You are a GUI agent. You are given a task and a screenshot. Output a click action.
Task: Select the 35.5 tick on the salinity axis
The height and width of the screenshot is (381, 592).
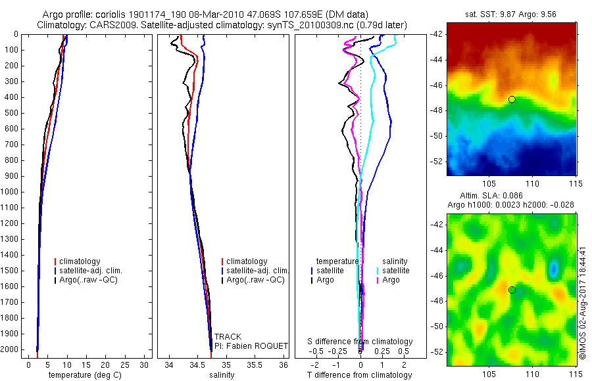pos(255,365)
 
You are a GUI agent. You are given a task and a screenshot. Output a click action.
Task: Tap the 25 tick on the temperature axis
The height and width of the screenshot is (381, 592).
pos(124,365)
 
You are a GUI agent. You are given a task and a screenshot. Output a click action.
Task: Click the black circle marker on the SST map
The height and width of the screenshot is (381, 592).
pos(512,99)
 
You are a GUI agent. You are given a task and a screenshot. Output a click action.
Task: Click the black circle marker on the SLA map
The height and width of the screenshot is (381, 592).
pos(512,290)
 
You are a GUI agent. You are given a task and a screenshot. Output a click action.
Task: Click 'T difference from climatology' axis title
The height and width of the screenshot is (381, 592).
pos(359,375)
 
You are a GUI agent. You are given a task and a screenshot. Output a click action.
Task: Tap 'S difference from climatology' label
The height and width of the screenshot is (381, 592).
pos(360,342)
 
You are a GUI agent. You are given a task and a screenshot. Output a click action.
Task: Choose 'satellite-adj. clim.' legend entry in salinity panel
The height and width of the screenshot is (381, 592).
pos(256,271)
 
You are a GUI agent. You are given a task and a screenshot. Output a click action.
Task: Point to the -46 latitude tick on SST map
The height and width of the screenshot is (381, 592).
pos(437,85)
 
